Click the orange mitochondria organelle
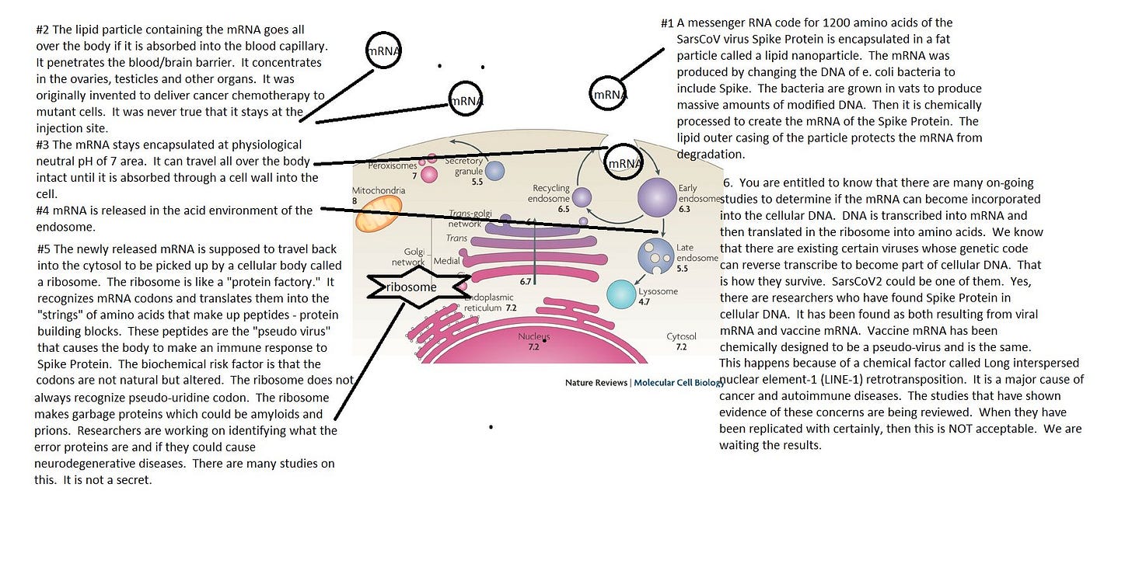(x=379, y=214)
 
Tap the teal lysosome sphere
(x=621, y=294)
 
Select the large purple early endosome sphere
(x=657, y=197)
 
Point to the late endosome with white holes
(x=656, y=256)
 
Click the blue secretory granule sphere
(x=494, y=171)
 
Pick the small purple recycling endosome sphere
(x=582, y=197)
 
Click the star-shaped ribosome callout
(x=418, y=287)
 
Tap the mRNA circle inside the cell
(x=624, y=162)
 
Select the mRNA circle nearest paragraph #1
(x=608, y=94)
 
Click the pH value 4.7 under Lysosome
(x=644, y=302)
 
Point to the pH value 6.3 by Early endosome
(x=684, y=209)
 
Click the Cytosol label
(x=681, y=336)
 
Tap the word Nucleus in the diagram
(x=533, y=336)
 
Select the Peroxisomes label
(x=392, y=165)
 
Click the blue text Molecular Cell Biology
(x=679, y=383)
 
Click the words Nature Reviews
(x=596, y=383)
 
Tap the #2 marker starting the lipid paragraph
(x=43, y=30)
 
